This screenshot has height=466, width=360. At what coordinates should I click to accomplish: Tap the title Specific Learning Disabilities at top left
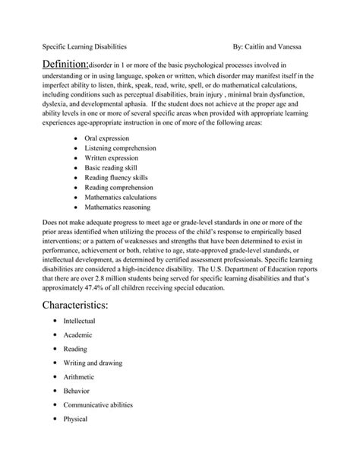click(84, 46)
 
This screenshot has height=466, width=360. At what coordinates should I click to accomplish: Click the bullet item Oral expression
click(107, 137)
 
